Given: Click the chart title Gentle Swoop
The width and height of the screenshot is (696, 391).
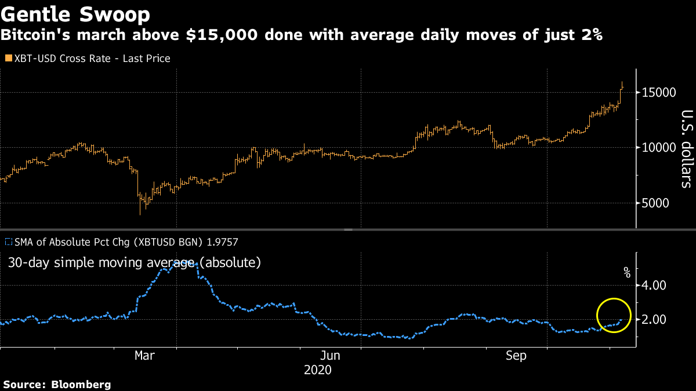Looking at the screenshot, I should pos(75,13).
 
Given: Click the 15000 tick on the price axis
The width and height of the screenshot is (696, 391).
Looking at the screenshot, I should pos(658,93).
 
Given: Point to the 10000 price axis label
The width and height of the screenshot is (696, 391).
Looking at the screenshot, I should pos(658,148).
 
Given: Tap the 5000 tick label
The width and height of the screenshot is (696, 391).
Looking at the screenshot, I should pos(661,203).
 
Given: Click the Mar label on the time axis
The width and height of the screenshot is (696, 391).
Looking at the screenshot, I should pos(144,356).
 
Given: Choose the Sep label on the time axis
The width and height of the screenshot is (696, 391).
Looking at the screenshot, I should pos(516,356).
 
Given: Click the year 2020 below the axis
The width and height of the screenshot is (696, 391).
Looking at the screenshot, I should pos(318,370).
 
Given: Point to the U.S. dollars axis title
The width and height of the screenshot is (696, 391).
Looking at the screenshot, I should pos(686,149).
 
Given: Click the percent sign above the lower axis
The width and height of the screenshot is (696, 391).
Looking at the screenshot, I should pos(626,272).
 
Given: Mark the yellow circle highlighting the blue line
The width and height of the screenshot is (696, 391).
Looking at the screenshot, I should pos(614,315).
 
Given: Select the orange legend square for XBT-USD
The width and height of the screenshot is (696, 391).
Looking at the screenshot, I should pos(8,59).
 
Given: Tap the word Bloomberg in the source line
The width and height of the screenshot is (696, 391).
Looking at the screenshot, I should pos(81,384).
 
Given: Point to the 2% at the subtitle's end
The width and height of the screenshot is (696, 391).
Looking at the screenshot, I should pos(591,35).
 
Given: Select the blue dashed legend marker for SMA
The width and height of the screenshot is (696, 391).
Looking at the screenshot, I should pos(8,242).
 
